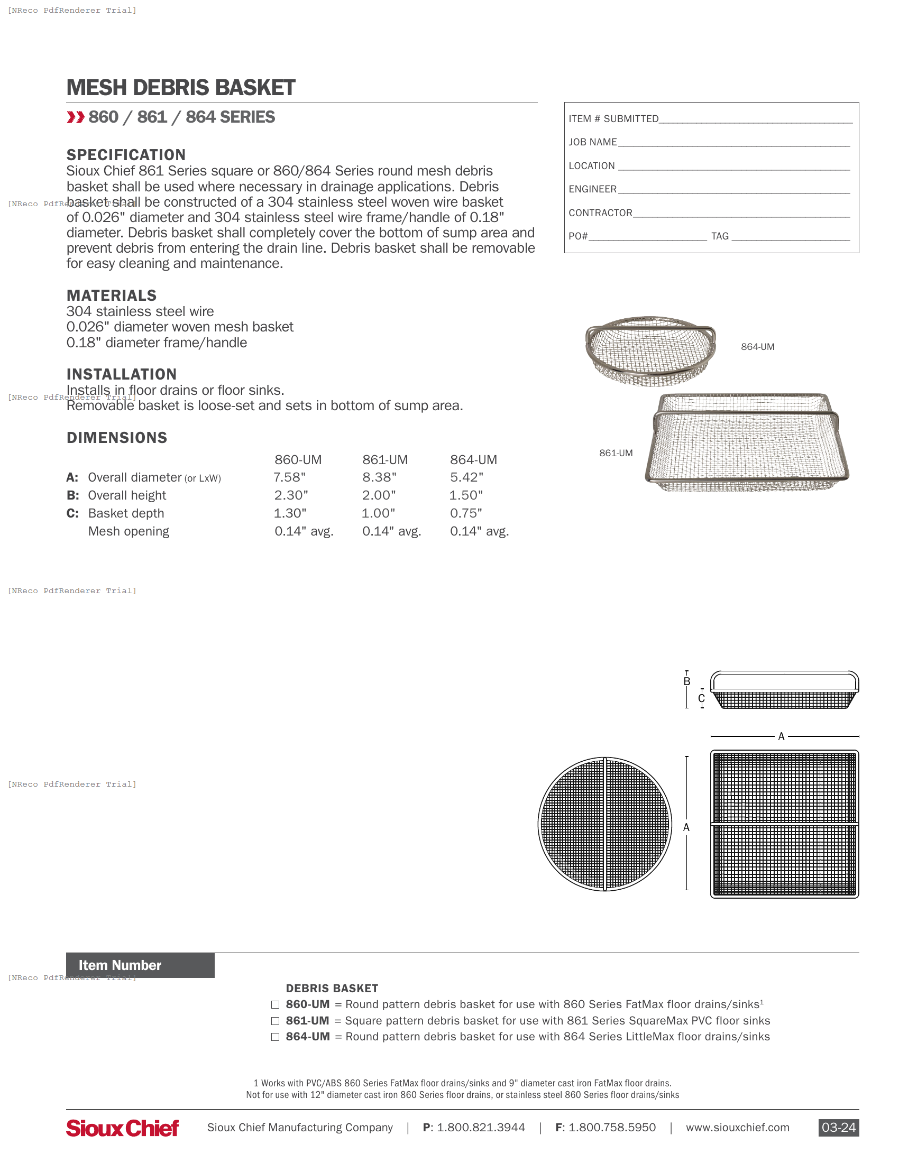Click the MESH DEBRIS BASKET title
pyautogui.click(x=180, y=88)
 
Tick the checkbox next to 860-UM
pyautogui.click(x=276, y=1004)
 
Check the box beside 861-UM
pyautogui.click(x=276, y=1021)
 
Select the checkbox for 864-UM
pyautogui.click(x=276, y=1037)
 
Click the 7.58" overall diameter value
pyautogui.click(x=289, y=477)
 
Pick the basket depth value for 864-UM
pyautogui.click(x=465, y=513)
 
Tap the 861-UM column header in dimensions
pyautogui.click(x=384, y=459)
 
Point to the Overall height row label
pyautogui.click(x=127, y=495)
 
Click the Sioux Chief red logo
pyautogui.click(x=123, y=1128)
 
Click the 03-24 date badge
pyautogui.click(x=838, y=1128)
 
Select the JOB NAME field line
pyautogui.click(x=733, y=142)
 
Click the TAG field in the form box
pyautogui.click(x=791, y=236)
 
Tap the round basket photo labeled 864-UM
pyautogui.click(x=650, y=350)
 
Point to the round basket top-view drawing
pyautogui.click(x=604, y=824)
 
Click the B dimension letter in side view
pyautogui.click(x=687, y=681)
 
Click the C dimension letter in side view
pyautogui.click(x=701, y=698)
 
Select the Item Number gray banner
pyautogui.click(x=140, y=965)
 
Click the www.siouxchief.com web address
pyautogui.click(x=737, y=1128)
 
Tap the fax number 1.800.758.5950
pyautogui.click(x=612, y=1128)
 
